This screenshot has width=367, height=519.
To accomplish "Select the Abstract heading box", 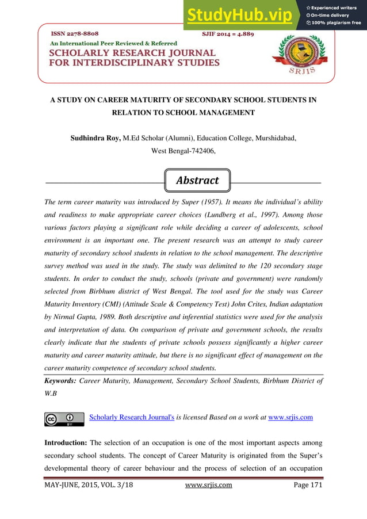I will click(197, 180).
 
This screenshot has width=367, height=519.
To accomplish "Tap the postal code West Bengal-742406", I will click(183, 151).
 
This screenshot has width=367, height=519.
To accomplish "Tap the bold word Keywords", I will click(60, 381).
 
